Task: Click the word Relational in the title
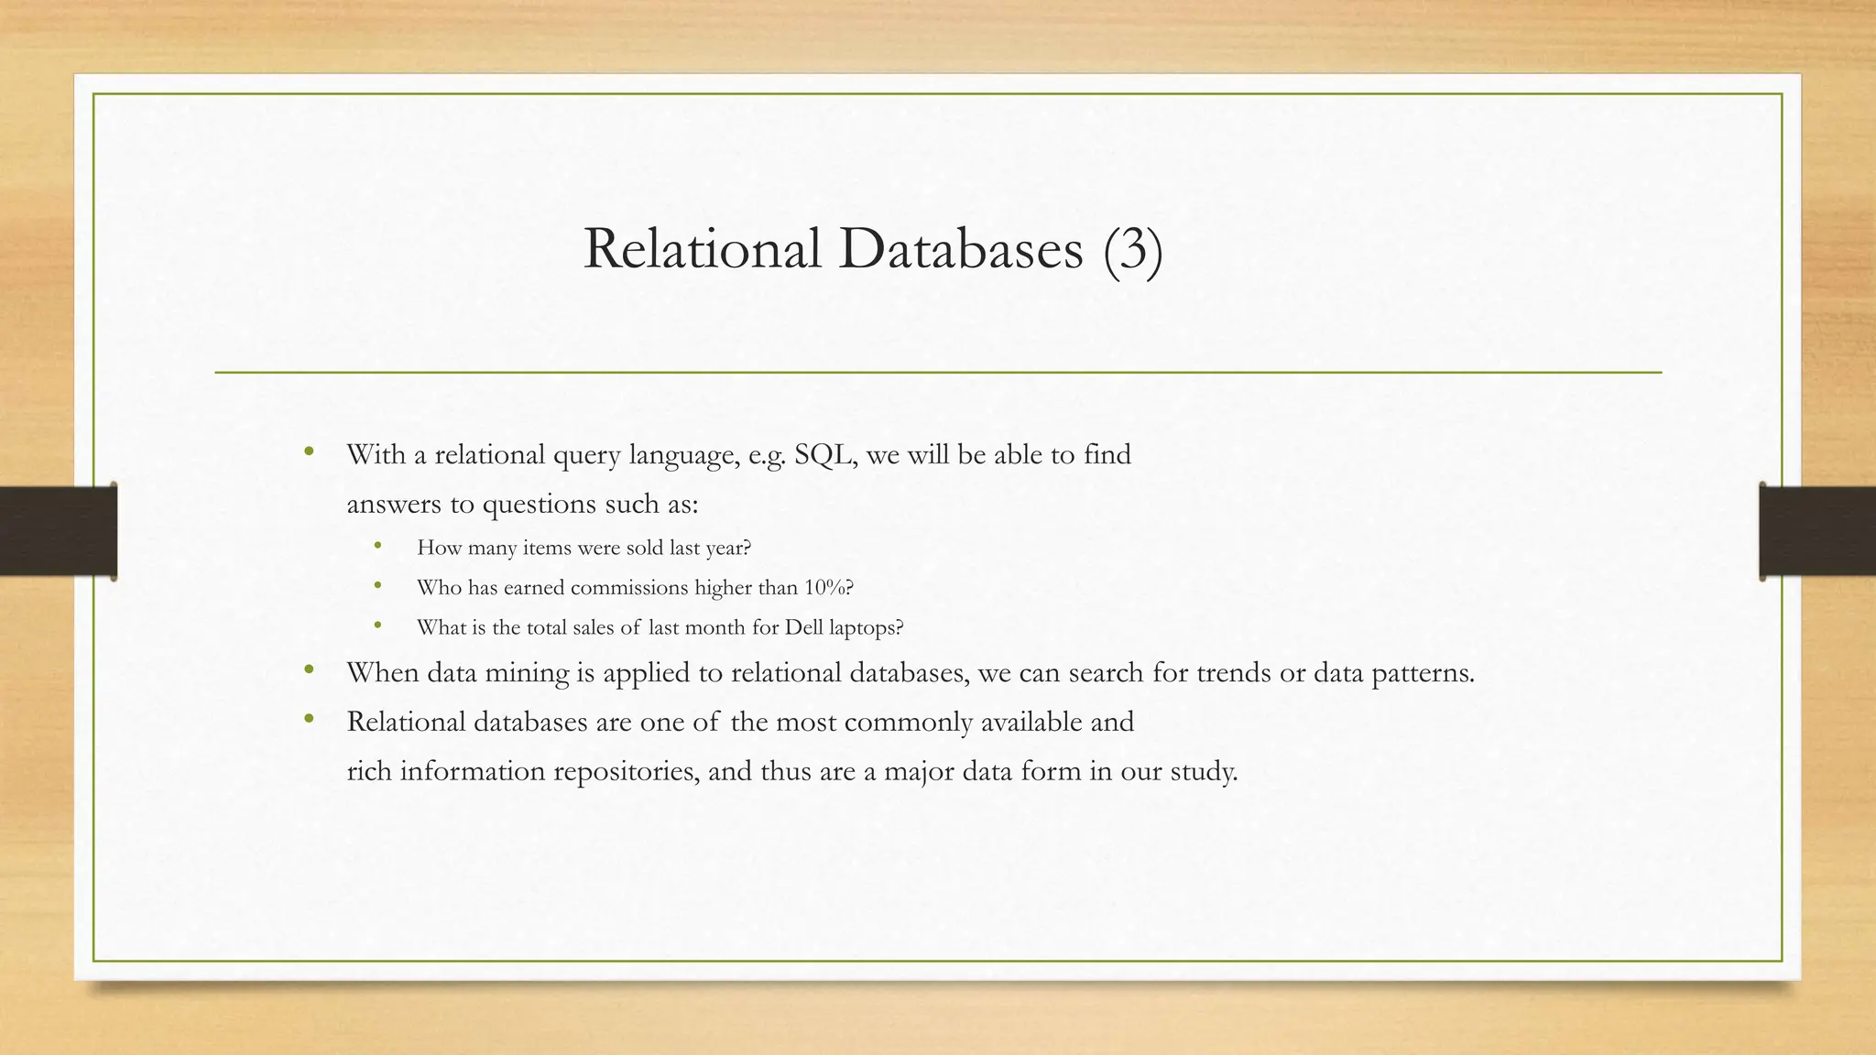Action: tap(702, 249)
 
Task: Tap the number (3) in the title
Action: tap(1133, 249)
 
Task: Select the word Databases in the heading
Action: tap(960, 249)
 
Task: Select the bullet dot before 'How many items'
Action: tap(377, 547)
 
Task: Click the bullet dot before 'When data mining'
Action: tap(309, 671)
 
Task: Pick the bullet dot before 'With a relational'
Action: tap(309, 451)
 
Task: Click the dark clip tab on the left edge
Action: tap(58, 531)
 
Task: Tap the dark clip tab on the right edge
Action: tap(1817, 531)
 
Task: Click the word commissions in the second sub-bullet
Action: tap(628, 588)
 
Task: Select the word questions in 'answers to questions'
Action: tap(534, 505)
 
